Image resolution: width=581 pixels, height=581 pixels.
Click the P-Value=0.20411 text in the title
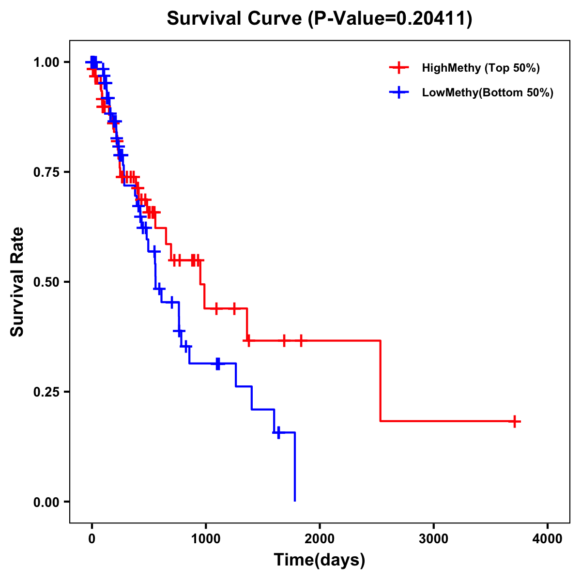tap(390, 19)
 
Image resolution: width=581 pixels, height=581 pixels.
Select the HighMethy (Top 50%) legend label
tap(480, 68)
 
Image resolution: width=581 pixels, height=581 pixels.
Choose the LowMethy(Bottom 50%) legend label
tap(488, 92)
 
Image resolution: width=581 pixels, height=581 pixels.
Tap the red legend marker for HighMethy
tap(399, 68)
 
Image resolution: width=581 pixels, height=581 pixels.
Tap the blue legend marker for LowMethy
tap(399, 92)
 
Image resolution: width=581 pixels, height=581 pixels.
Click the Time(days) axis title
tap(320, 560)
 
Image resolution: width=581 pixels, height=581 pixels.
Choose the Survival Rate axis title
tap(17, 282)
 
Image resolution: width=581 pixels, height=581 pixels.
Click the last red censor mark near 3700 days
tap(515, 421)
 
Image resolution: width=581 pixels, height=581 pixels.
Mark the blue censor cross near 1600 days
tap(278, 432)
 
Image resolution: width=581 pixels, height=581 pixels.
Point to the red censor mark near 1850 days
tap(301, 341)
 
